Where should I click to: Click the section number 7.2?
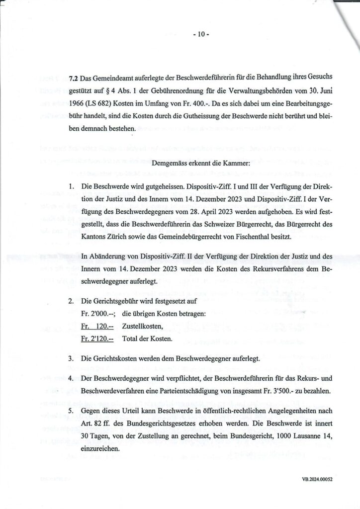[x=73, y=79]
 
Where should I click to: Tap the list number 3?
[x=72, y=358]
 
